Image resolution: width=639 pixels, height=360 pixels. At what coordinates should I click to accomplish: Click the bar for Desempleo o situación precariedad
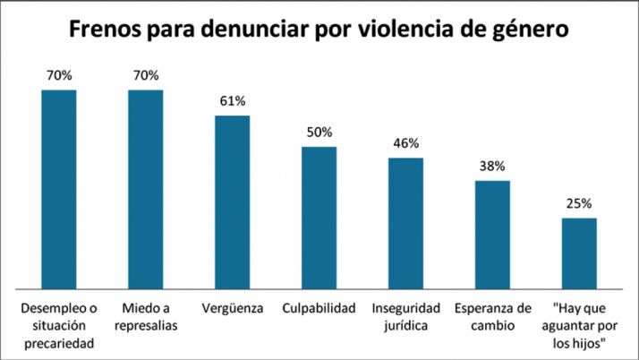(59, 188)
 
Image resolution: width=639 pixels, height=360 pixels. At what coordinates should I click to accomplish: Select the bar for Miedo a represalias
(146, 188)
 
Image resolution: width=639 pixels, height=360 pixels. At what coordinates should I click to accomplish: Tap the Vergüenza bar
(232, 201)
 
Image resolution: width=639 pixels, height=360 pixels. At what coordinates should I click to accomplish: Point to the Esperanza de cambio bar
(492, 234)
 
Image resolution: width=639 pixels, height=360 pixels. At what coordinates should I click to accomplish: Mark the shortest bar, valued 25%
(579, 253)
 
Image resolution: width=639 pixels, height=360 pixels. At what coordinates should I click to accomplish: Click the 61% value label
(232, 101)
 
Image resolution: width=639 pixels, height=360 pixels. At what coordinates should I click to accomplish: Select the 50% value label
(319, 132)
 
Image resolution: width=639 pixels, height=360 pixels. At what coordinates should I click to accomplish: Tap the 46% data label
(405, 142)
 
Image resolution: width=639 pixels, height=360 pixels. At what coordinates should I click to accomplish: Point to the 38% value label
(492, 166)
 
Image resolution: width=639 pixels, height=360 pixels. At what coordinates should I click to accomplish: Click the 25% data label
(579, 203)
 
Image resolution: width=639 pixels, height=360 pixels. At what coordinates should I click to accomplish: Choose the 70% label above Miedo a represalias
(146, 75)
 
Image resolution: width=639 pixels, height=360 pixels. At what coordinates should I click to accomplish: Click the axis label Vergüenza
(232, 309)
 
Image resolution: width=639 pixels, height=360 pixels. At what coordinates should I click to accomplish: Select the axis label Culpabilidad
(319, 309)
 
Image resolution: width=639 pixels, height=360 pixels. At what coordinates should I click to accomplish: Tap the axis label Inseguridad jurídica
(405, 317)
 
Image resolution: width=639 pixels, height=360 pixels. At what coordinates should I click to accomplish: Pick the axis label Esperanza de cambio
(492, 317)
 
